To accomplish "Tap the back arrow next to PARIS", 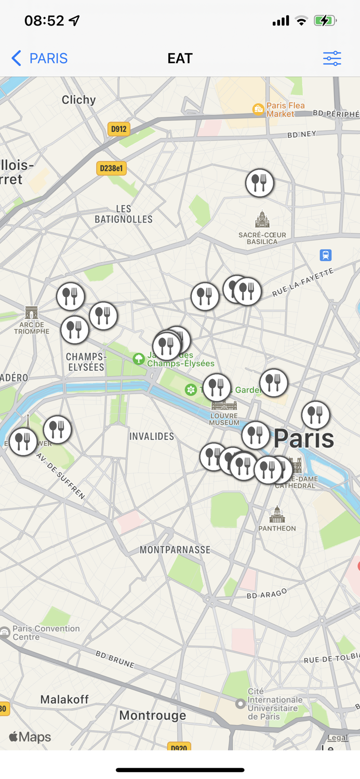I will pos(17,58).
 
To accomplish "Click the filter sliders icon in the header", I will pos(332,58).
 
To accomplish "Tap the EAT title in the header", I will pos(180,58).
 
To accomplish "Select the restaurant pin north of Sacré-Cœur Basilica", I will pos(260,183).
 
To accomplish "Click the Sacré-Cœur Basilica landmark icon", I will pos(262,220).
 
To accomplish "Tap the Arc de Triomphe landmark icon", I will pos(32,313).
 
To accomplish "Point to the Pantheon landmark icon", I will pos(277,515).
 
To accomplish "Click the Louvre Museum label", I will pos(224,419).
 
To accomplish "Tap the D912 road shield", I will pos(119,129).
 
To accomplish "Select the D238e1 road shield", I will pos(112,168).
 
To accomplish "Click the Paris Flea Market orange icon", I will pos(258,109).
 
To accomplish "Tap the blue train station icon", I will pos(326,255).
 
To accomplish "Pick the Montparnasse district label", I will pos(175,549).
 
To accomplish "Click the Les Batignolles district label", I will pos(124,214).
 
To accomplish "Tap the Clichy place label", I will pos(79,100).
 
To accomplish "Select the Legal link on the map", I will pos(338,737).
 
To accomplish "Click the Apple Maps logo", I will pos(30,737).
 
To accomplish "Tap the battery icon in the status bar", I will pos(325,21).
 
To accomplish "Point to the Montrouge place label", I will pos(153,715).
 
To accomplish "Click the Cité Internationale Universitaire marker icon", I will pos(240,704).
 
